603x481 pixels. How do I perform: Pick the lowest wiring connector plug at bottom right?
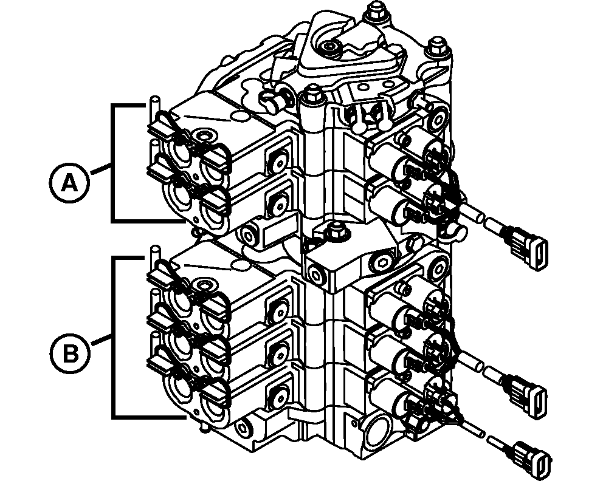pyautogui.click(x=532, y=456)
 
